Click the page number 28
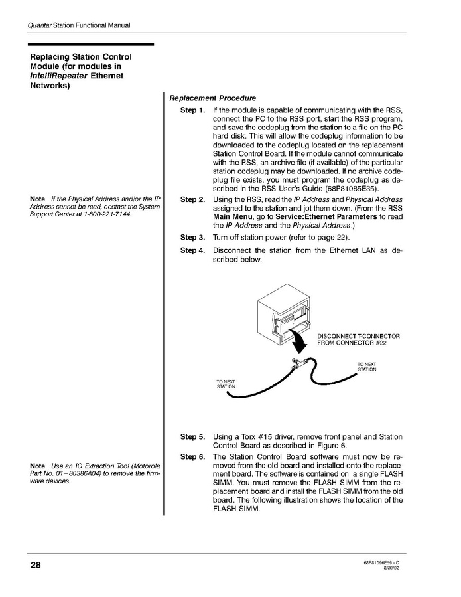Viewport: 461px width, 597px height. (35, 566)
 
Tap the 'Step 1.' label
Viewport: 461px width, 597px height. (192, 110)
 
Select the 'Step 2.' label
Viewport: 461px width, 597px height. (192, 199)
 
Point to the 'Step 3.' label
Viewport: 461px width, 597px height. (192, 237)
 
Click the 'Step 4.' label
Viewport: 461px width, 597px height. (192, 250)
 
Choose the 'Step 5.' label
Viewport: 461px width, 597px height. (192, 437)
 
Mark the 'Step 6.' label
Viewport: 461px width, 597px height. (192, 457)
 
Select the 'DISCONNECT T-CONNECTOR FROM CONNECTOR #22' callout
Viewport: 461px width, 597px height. (358, 339)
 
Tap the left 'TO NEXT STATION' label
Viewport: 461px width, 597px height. (226, 384)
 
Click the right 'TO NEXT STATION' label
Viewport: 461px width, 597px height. (367, 367)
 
